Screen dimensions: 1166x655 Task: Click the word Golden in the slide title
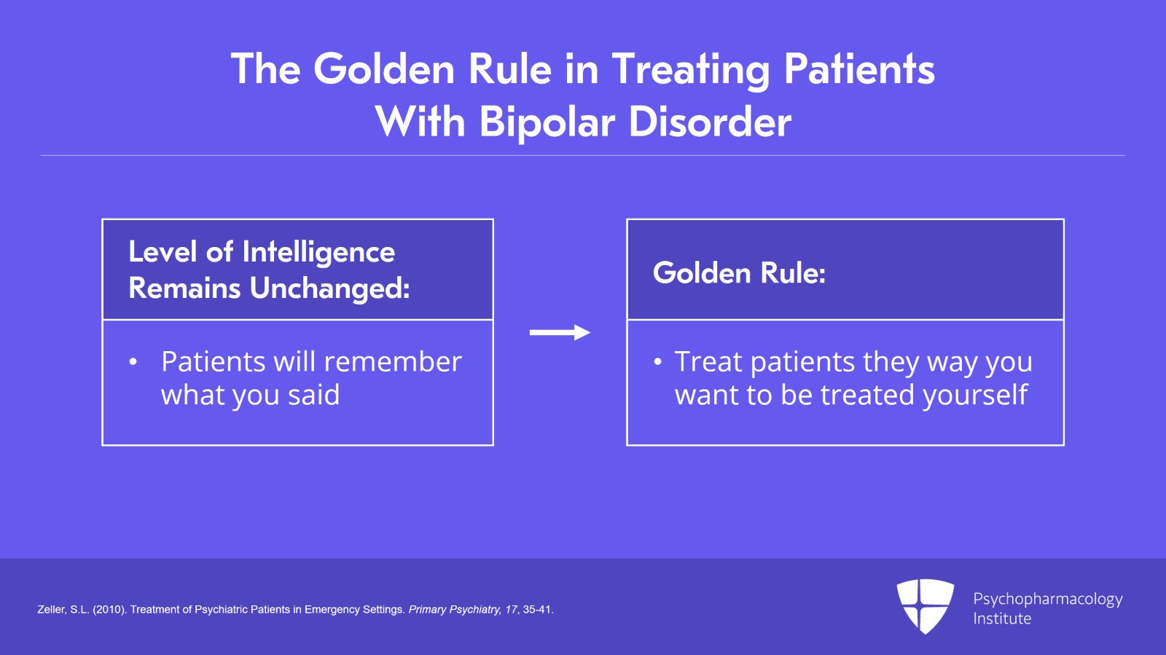384,69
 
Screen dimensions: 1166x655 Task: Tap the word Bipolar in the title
547,123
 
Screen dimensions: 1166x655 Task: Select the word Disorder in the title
711,122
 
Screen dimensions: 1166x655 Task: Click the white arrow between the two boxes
560,332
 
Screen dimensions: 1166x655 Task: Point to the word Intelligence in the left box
318,253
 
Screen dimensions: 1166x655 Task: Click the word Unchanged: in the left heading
329,288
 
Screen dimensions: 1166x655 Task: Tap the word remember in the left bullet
393,361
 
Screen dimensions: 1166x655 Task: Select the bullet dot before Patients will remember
133,361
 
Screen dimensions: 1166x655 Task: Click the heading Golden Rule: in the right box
739,272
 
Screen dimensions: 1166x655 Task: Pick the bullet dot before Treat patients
658,361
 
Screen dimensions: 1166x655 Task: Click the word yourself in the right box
975,394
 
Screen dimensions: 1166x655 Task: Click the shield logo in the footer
926,606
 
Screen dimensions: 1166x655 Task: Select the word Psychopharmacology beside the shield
1048,600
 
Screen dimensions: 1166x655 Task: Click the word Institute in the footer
1002,619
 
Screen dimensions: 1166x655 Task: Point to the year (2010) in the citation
110,610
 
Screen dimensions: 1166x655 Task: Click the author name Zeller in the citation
52,610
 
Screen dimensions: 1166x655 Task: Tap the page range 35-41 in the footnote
539,610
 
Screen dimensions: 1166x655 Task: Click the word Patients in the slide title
859,69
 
